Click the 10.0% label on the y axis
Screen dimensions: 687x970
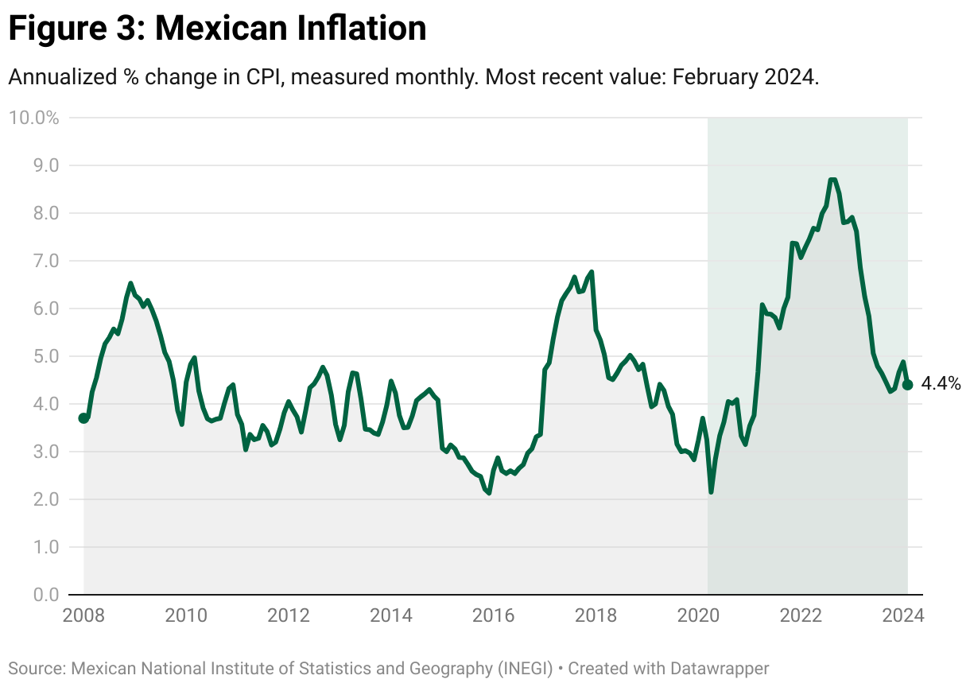33,118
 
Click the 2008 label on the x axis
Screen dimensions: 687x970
83,615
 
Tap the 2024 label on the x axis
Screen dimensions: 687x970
902,615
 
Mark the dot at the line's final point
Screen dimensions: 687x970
907,385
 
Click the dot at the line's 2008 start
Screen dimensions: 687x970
83,418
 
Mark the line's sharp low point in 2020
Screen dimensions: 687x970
711,492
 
